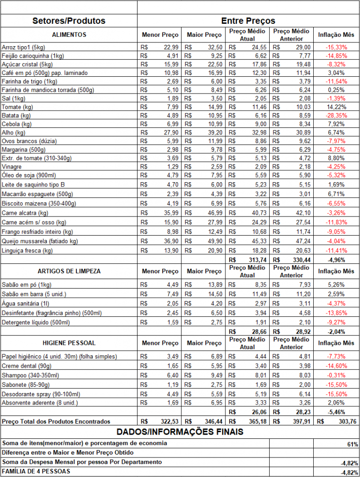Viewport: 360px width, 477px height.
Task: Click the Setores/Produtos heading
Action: (69, 21)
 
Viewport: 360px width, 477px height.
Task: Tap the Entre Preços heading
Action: (248, 21)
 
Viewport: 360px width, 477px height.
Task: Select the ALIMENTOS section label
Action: (69, 35)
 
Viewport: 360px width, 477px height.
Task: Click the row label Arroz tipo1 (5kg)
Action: (23, 47)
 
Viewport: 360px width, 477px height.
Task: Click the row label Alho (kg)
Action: (14, 133)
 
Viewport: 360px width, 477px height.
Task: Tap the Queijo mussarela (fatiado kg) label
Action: (40, 242)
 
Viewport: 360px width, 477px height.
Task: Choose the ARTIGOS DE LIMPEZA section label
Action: (69, 271)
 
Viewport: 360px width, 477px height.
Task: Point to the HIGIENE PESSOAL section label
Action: (69, 343)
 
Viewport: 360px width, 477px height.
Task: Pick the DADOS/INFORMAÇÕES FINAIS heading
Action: (180, 432)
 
